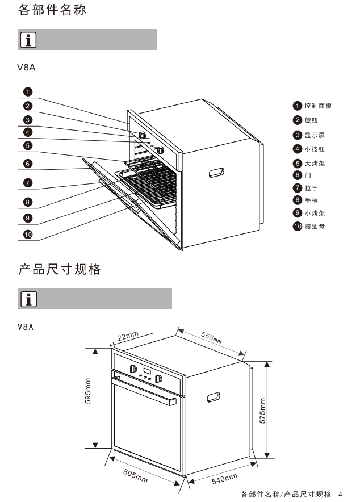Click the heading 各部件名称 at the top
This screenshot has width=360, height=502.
pyautogui.click(x=52, y=10)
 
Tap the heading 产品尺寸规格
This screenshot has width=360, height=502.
pyautogui.click(x=60, y=270)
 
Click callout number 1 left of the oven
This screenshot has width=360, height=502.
pyautogui.click(x=28, y=91)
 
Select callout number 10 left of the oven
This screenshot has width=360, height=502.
pyautogui.click(x=28, y=233)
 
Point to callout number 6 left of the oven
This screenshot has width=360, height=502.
pyautogui.click(x=28, y=164)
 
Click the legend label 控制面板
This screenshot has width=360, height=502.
pyautogui.click(x=317, y=106)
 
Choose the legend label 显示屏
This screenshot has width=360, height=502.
pyautogui.click(x=315, y=135)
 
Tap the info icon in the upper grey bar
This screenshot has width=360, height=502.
pyautogui.click(x=28, y=40)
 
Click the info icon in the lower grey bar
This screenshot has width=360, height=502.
pyautogui.click(x=28, y=299)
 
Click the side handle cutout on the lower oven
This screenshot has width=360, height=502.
pyautogui.click(x=215, y=397)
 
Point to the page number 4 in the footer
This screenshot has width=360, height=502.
pyautogui.click(x=340, y=494)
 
